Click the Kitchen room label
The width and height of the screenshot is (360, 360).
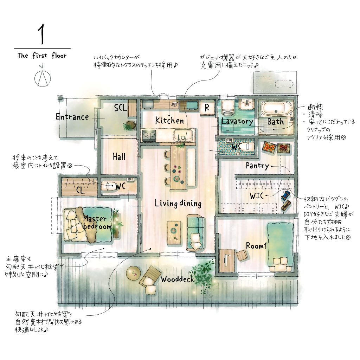click(x=169, y=121)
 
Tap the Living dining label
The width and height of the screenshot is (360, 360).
click(x=178, y=204)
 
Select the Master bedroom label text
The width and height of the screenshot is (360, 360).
click(x=97, y=223)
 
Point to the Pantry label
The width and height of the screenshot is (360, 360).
click(x=257, y=166)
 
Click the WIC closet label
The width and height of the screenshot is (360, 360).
click(x=257, y=196)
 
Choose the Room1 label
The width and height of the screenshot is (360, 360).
click(x=256, y=246)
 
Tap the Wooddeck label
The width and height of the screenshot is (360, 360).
click(x=177, y=279)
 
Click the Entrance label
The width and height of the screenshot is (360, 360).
click(x=72, y=117)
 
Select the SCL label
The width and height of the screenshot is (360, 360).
click(x=121, y=108)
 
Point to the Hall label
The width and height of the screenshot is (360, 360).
click(x=119, y=157)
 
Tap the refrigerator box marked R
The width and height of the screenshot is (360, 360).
click(x=207, y=107)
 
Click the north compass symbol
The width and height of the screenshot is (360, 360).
click(x=43, y=78)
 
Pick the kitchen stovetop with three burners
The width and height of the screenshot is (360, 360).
click(x=149, y=135)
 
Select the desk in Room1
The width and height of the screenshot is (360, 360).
click(x=227, y=261)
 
